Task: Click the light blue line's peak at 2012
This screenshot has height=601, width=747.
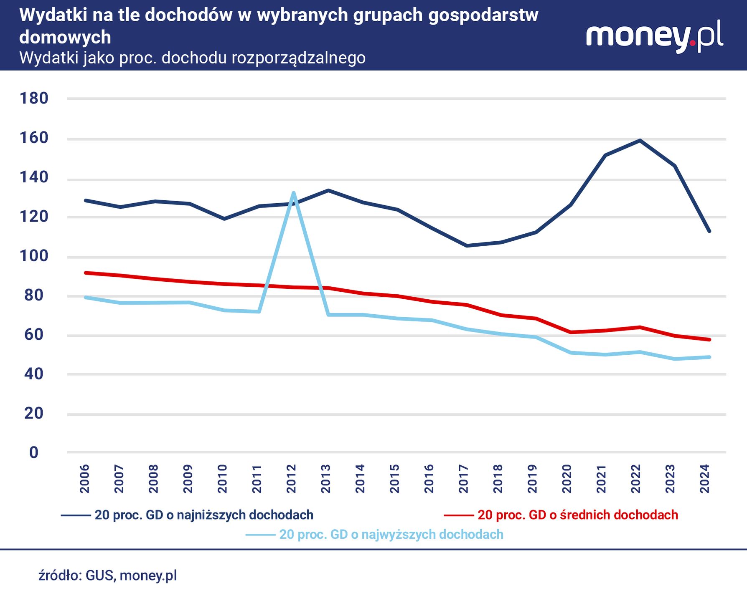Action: pos(294,192)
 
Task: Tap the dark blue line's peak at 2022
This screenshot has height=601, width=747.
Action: pos(640,140)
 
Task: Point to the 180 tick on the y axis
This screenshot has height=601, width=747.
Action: pos(34,98)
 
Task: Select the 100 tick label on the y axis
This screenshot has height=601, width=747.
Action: pos(34,256)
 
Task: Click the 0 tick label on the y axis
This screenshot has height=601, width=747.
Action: pos(34,452)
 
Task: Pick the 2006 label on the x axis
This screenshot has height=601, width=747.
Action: pos(85,478)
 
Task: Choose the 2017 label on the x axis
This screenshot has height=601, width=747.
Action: pos(464,478)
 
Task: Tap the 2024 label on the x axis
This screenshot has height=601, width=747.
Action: pos(705,478)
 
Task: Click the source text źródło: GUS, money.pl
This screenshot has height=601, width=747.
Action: pos(108,576)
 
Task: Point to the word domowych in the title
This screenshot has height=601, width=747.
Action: pos(65,38)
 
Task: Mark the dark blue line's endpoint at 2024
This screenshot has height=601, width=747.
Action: pos(709,231)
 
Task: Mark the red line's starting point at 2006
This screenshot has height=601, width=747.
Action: pos(86,273)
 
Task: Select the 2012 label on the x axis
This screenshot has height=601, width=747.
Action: pos(292,478)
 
